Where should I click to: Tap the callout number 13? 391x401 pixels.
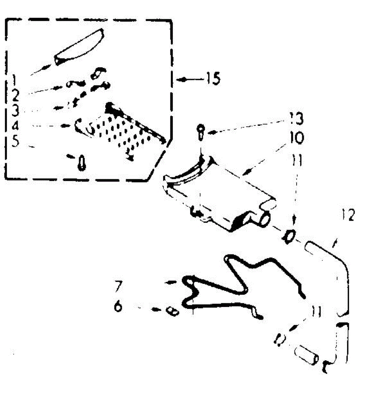click(295, 119)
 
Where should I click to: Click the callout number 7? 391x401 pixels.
click(119, 286)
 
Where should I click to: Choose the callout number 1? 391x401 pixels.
click(14, 80)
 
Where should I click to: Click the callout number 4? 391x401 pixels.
click(15, 126)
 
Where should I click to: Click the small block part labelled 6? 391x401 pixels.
click(173, 311)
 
